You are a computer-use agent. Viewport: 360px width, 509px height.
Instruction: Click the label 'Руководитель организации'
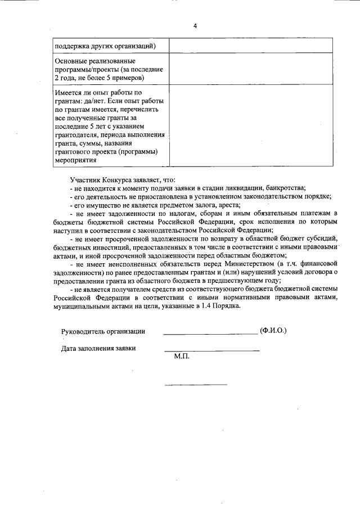(103, 331)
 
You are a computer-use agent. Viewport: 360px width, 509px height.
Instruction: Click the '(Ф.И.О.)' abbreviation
(273, 331)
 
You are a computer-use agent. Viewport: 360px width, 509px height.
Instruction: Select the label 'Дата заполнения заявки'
(98, 348)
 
